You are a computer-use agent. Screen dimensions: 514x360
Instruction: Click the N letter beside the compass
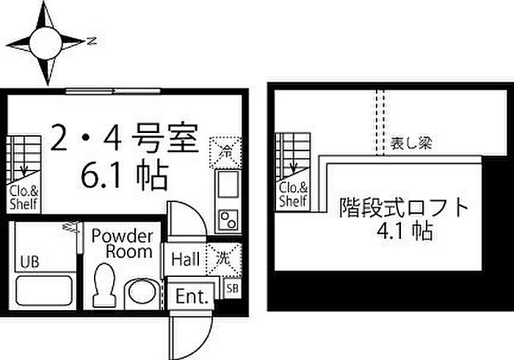pyautogui.click(x=93, y=41)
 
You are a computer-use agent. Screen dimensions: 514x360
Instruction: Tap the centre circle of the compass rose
pyautogui.click(x=46, y=43)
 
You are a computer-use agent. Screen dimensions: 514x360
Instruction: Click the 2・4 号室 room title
pyautogui.click(x=125, y=137)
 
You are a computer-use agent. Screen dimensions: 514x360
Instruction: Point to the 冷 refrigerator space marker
pyautogui.click(x=225, y=152)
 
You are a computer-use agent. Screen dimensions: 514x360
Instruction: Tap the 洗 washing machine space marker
pyautogui.click(x=223, y=259)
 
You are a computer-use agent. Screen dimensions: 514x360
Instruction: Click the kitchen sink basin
pyautogui.click(x=228, y=184)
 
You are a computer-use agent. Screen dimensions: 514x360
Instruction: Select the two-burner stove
pyautogui.click(x=228, y=220)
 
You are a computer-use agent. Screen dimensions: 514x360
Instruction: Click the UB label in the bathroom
pyautogui.click(x=29, y=262)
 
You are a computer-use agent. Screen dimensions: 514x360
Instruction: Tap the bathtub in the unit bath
pyautogui.click(x=44, y=291)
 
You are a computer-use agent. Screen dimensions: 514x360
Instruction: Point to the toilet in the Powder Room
pyautogui.click(x=104, y=284)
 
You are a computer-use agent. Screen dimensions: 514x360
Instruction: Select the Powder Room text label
pyautogui.click(x=123, y=244)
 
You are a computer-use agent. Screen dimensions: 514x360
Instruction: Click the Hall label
pyautogui.click(x=186, y=259)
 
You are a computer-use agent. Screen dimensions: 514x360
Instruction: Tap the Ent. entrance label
pyautogui.click(x=192, y=296)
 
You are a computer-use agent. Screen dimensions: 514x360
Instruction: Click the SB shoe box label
pyautogui.click(x=233, y=289)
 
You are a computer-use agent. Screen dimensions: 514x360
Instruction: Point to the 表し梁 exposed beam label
pyautogui.click(x=411, y=143)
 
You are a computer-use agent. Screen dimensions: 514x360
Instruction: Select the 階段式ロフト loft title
pyautogui.click(x=404, y=207)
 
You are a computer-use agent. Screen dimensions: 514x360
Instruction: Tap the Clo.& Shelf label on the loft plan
pyautogui.click(x=293, y=195)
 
